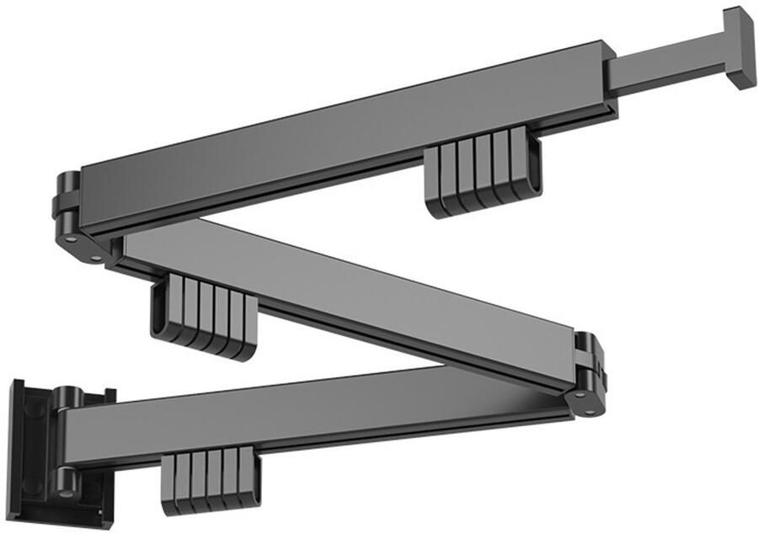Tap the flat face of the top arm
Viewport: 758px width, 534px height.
click(x=337, y=135)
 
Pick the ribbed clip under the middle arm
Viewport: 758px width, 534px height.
click(x=202, y=316)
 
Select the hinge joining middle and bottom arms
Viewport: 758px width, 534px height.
click(x=589, y=375)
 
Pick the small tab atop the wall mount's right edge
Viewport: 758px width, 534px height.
click(x=108, y=392)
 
